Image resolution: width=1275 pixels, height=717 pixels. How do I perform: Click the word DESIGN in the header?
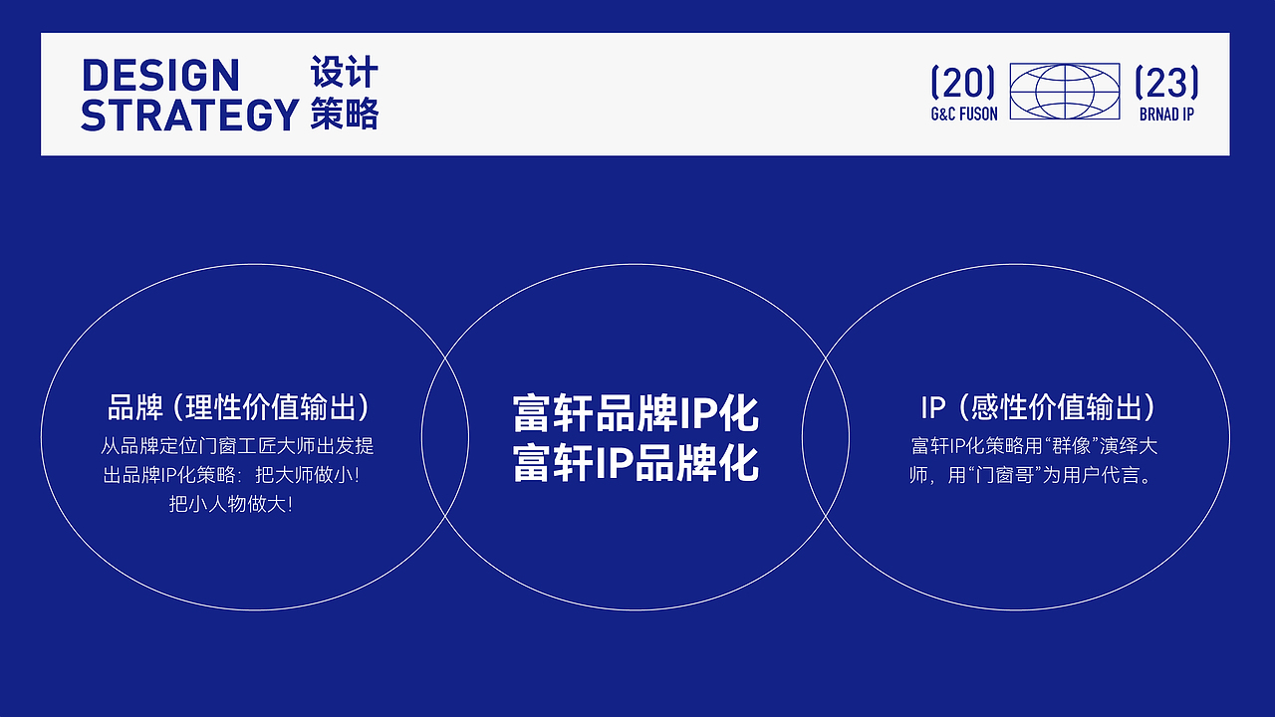tap(160, 76)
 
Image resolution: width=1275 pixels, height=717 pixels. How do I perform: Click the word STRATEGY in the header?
tap(189, 116)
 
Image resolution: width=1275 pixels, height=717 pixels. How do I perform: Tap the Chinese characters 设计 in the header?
tap(345, 74)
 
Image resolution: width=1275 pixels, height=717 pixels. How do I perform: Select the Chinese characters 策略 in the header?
tap(345, 114)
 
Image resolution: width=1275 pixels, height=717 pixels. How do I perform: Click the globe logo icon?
tap(1065, 92)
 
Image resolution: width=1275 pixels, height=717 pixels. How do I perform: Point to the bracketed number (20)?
tap(963, 83)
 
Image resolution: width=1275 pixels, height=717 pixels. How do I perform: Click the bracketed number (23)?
tap(1166, 83)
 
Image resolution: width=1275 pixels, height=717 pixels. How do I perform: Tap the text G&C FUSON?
tap(963, 115)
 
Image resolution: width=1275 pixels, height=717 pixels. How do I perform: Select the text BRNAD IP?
tap(1166, 115)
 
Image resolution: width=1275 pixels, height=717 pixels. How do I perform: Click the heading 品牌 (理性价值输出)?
tap(239, 407)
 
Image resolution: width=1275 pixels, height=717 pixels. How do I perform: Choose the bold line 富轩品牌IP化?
tap(636, 412)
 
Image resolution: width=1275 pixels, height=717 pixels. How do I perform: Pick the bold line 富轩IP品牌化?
tap(636, 463)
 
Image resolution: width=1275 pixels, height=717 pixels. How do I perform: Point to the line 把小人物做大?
tap(231, 505)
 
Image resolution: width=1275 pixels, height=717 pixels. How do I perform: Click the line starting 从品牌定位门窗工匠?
tap(237, 446)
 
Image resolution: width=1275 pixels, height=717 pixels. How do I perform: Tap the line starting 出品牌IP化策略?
tap(231, 475)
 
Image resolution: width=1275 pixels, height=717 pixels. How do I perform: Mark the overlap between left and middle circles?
tap(445, 436)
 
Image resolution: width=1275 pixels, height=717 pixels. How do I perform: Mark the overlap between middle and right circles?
tap(826, 436)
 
